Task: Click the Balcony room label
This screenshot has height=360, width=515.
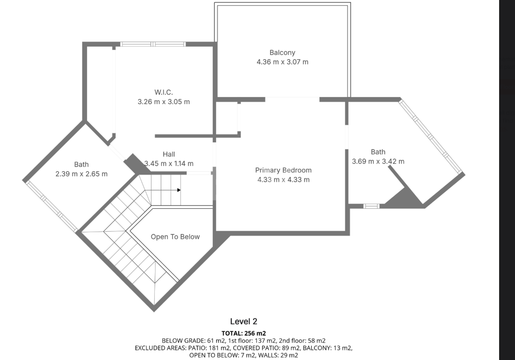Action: pyautogui.click(x=282, y=52)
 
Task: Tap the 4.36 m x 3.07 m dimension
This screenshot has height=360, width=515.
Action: pyautogui.click(x=283, y=62)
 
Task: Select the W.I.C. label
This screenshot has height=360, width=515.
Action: pyautogui.click(x=163, y=93)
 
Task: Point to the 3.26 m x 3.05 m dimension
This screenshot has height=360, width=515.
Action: pyautogui.click(x=163, y=102)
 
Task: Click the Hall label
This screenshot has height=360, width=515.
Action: pyautogui.click(x=169, y=154)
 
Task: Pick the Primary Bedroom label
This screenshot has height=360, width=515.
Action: pyautogui.click(x=283, y=170)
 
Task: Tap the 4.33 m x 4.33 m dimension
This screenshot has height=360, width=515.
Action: pyautogui.click(x=283, y=179)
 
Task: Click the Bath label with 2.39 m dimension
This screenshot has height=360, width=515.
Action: pyautogui.click(x=81, y=164)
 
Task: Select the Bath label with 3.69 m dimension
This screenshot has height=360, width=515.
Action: pyautogui.click(x=378, y=152)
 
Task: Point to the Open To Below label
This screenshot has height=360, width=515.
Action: pyautogui.click(x=175, y=237)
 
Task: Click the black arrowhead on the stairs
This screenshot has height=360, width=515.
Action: pyautogui.click(x=179, y=190)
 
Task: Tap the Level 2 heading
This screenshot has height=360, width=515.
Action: pyautogui.click(x=244, y=322)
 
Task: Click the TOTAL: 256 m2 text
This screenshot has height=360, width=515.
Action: pyautogui.click(x=244, y=333)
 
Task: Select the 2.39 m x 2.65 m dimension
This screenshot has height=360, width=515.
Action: pyautogui.click(x=81, y=173)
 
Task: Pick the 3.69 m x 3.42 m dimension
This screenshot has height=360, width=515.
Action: pyautogui.click(x=378, y=161)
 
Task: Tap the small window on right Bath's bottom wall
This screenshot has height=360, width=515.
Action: pyautogui.click(x=371, y=206)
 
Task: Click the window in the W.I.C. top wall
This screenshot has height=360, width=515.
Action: pyautogui.click(x=153, y=44)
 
